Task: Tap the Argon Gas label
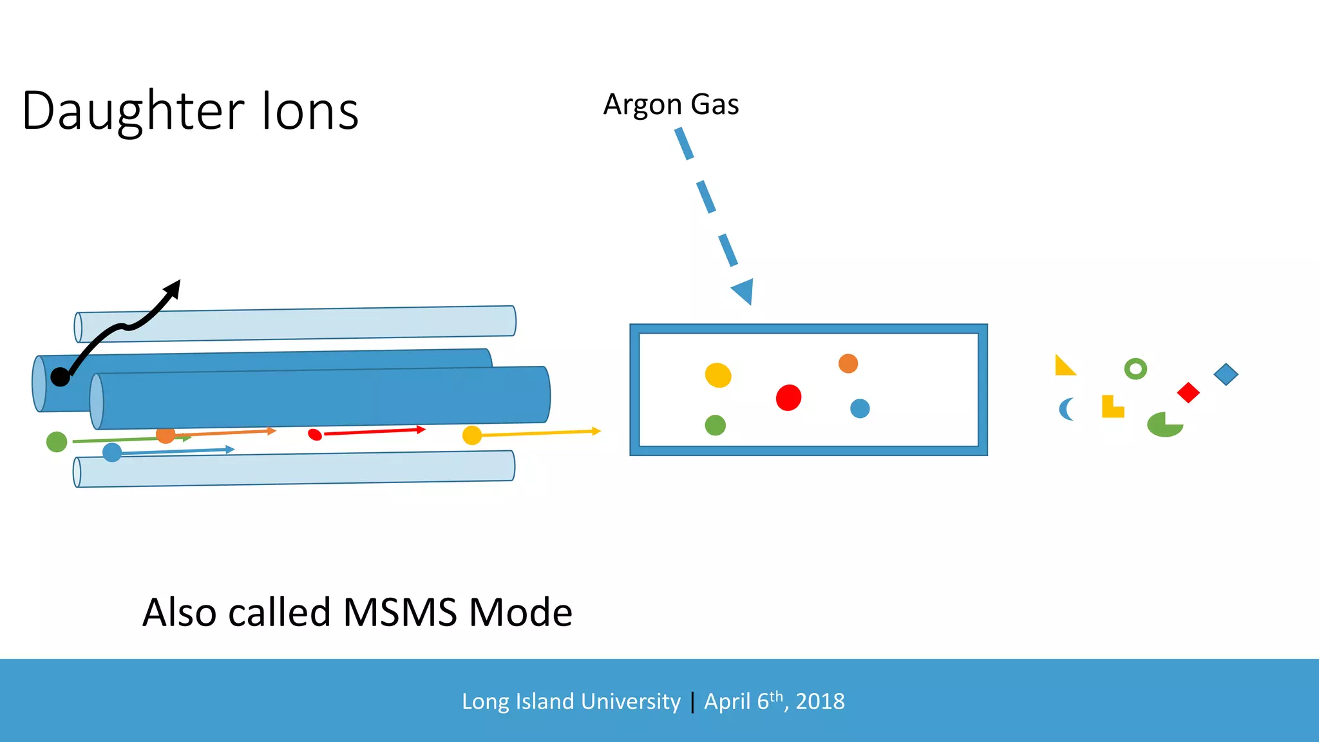click(x=670, y=104)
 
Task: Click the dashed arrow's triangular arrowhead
click(x=744, y=291)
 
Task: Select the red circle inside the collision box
click(x=788, y=397)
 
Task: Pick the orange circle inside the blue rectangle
click(x=848, y=363)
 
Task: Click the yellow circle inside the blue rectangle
click(x=717, y=375)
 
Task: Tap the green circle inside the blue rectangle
click(x=715, y=425)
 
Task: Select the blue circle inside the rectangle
click(x=860, y=408)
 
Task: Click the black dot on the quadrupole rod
click(x=60, y=377)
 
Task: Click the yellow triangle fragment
click(x=1063, y=367)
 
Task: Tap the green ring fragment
click(x=1135, y=368)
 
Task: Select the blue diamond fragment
click(x=1226, y=374)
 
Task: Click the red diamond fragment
click(x=1188, y=392)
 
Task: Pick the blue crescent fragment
click(x=1065, y=409)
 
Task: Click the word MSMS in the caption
click(x=400, y=612)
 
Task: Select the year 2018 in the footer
click(x=820, y=701)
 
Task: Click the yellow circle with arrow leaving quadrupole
click(x=472, y=435)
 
